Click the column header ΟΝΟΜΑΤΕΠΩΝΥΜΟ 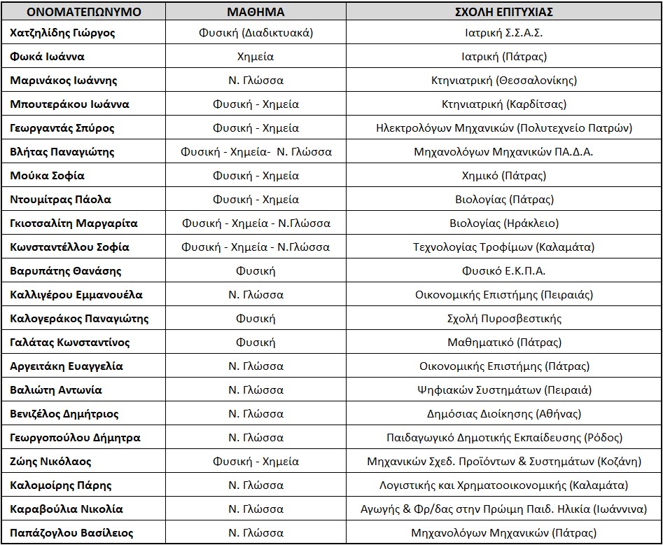[76, 12]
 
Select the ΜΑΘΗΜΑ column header [256, 12]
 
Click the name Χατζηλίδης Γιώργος [63, 33]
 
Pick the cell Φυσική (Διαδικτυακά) [256, 33]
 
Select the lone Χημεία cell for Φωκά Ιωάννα [256, 57]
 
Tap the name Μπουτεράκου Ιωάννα [69, 104]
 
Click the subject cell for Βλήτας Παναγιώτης [256, 152]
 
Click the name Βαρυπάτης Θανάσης [66, 271]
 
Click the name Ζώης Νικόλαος [51, 462]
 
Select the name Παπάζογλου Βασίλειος [71, 533]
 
